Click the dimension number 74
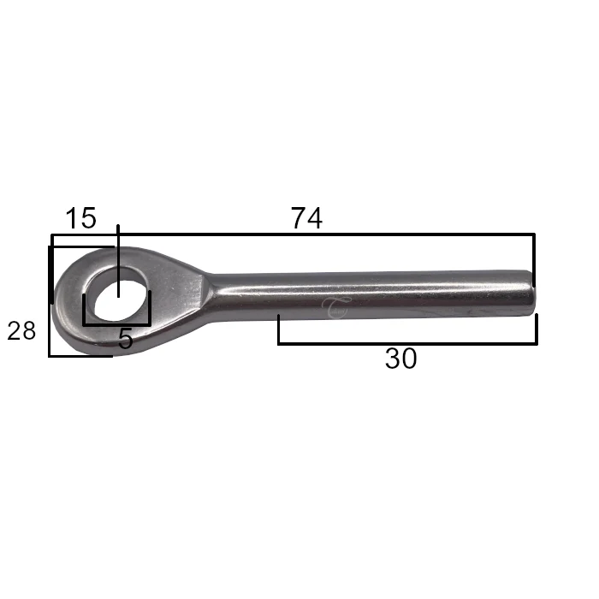point(306,218)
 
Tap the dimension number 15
point(81,218)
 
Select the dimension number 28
point(21,331)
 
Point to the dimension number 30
point(400,359)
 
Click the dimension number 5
point(125,339)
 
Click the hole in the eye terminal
point(119,299)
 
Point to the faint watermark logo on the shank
point(335,307)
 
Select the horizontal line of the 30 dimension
point(407,344)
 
